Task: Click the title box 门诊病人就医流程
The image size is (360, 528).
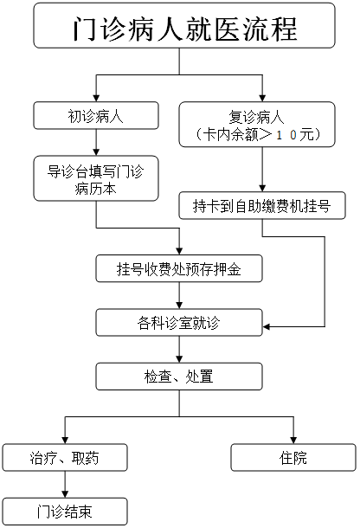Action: pyautogui.click(x=184, y=25)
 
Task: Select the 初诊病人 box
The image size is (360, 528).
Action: pyautogui.click(x=96, y=115)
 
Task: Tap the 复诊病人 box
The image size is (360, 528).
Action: pyautogui.click(x=257, y=125)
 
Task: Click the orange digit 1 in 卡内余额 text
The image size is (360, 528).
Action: pyautogui.click(x=280, y=135)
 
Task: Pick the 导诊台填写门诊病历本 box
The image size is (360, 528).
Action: pyautogui.click(x=96, y=178)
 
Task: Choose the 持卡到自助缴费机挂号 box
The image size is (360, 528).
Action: pyautogui.click(x=262, y=206)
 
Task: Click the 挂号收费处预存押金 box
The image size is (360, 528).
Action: pyautogui.click(x=179, y=268)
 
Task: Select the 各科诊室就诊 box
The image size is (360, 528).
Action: pyautogui.click(x=179, y=323)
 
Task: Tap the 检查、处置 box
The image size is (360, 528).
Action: pyautogui.click(x=179, y=377)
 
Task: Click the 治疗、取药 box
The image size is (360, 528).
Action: pyautogui.click(x=65, y=457)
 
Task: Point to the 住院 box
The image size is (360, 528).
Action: pyautogui.click(x=293, y=457)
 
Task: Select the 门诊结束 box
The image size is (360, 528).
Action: pyautogui.click(x=65, y=512)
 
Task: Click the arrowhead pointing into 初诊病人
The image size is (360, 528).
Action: pyautogui.click(x=96, y=99)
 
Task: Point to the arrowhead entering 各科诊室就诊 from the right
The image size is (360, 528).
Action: pyautogui.click(x=266, y=326)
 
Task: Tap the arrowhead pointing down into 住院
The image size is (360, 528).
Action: pyautogui.click(x=293, y=440)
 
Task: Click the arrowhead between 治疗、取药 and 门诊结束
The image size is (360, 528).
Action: pyautogui.click(x=65, y=494)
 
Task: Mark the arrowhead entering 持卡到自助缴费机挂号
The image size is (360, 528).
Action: pyautogui.click(x=262, y=189)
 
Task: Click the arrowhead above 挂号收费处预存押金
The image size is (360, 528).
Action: pyautogui.click(x=179, y=252)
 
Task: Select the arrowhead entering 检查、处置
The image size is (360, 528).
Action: pyautogui.click(x=179, y=359)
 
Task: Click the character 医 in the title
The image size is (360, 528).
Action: pyautogui.click(x=228, y=29)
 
